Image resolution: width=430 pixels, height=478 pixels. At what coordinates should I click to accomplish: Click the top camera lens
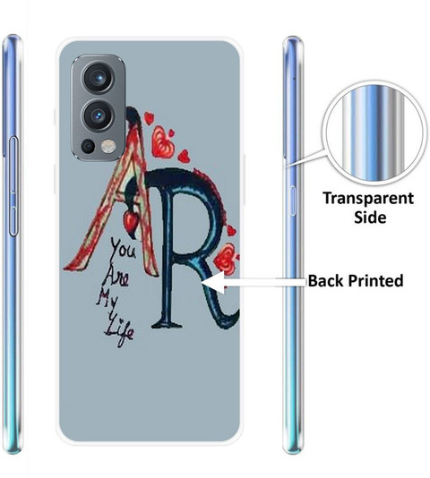pyautogui.click(x=99, y=78)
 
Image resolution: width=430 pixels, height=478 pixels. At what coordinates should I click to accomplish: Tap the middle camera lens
pyautogui.click(x=99, y=115)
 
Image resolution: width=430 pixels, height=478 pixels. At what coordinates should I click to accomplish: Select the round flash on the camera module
pyautogui.click(x=107, y=146)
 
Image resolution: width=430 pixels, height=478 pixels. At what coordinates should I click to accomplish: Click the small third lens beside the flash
pyautogui.click(x=89, y=147)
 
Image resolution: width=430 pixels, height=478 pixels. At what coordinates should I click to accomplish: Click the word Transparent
pyautogui.click(x=368, y=198)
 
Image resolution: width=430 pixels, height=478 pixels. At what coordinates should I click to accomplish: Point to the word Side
pyautogui.click(x=370, y=218)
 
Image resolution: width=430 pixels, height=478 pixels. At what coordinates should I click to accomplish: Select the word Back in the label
pyautogui.click(x=326, y=281)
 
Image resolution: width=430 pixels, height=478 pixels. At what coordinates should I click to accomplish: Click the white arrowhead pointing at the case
pyautogui.click(x=213, y=283)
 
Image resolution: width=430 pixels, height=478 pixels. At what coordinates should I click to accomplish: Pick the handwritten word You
pyautogui.click(x=123, y=250)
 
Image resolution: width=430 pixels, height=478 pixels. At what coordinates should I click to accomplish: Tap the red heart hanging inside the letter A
pyautogui.click(x=131, y=220)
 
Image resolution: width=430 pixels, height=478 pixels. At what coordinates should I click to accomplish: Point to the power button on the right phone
pyautogui.click(x=293, y=201)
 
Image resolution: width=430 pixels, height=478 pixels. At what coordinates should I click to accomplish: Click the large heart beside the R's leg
pyautogui.click(x=226, y=259)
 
